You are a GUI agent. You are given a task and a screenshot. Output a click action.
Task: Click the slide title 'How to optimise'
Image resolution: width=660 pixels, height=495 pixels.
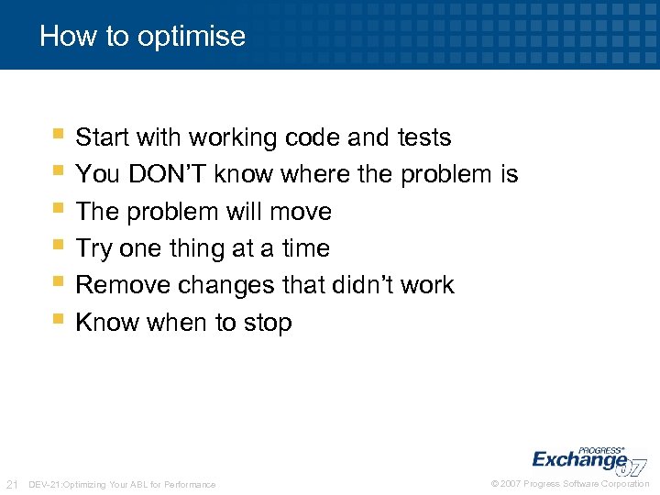[143, 37]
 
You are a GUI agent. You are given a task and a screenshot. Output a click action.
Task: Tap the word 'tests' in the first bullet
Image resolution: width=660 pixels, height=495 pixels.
[424, 137]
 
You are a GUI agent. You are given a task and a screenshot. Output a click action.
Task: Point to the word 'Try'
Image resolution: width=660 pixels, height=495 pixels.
[93, 248]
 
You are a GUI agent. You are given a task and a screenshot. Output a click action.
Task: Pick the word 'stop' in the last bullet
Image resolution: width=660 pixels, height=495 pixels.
[267, 323]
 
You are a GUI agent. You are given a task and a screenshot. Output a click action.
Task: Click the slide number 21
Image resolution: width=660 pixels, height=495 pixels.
[13, 484]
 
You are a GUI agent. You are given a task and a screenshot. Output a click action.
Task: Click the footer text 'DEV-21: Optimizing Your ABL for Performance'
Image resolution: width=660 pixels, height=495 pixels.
[123, 484]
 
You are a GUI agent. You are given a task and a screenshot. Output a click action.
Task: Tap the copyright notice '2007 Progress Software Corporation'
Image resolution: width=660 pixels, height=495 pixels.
[570, 484]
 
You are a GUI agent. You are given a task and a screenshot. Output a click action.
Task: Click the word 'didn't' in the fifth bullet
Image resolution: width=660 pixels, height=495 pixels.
[357, 285]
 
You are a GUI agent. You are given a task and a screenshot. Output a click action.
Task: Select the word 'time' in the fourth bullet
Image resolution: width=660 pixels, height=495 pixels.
[304, 248]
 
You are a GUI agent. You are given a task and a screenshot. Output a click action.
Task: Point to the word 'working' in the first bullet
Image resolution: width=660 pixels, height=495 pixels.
[233, 137]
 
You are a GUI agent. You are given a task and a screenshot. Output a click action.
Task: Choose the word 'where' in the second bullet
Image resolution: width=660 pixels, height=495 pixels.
[340, 174]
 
